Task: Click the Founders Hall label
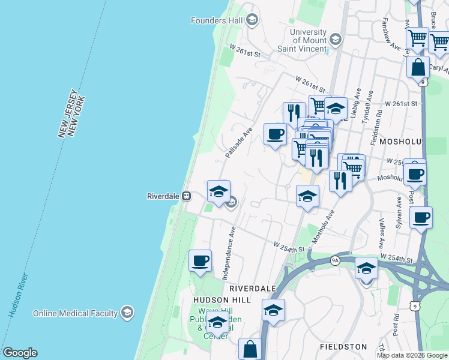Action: pos(216,20)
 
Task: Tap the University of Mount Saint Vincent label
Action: pos(307,40)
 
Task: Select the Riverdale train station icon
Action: pos(187,196)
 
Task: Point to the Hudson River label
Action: pos(19,295)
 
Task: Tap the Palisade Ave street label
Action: pos(239,142)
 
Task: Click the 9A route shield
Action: pos(336,260)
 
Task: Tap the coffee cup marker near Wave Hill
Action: pos(200,261)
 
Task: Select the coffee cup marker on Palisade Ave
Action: pos(275,134)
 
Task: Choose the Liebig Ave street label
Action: pos(357,103)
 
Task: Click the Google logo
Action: pos(19,353)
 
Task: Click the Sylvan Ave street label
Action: pos(398,217)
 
